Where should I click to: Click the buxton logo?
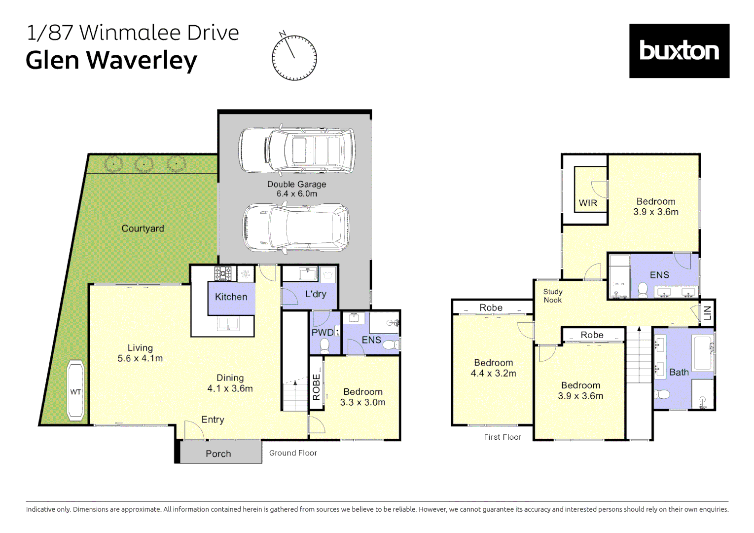[x=679, y=51]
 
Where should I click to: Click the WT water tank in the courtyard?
[x=75, y=391]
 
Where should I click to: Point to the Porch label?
[x=218, y=454]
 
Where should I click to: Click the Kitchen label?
[x=231, y=297]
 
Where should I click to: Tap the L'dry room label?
[x=316, y=294]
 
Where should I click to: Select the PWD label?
[x=322, y=333]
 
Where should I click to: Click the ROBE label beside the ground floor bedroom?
[x=316, y=387]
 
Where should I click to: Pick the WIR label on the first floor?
[x=588, y=203]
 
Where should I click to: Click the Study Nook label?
[x=552, y=296]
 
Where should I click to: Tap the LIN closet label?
[x=707, y=313]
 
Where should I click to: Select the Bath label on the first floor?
[x=679, y=372]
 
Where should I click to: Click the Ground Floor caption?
[x=293, y=453]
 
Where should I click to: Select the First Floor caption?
[x=502, y=437]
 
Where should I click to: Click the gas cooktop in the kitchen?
[x=223, y=273]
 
